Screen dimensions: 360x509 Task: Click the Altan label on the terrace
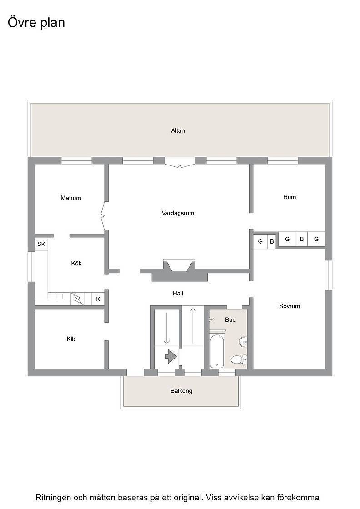pos(178,130)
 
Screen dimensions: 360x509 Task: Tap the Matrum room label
pos(71,198)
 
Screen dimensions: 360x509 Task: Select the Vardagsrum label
pos(178,213)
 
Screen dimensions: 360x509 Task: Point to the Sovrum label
pos(290,306)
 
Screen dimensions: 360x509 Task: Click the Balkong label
pos(181,391)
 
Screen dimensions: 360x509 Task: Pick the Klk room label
pos(71,339)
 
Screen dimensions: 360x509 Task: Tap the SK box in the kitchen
pos(41,244)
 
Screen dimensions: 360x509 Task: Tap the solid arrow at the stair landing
pos(171,357)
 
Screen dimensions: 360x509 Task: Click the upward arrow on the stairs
pos(193,326)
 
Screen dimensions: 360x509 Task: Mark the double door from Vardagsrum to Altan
pos(180,163)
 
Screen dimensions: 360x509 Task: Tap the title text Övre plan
pos(36,23)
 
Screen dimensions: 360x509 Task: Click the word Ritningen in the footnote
pos(53,497)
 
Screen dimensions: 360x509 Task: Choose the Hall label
pos(178,294)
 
